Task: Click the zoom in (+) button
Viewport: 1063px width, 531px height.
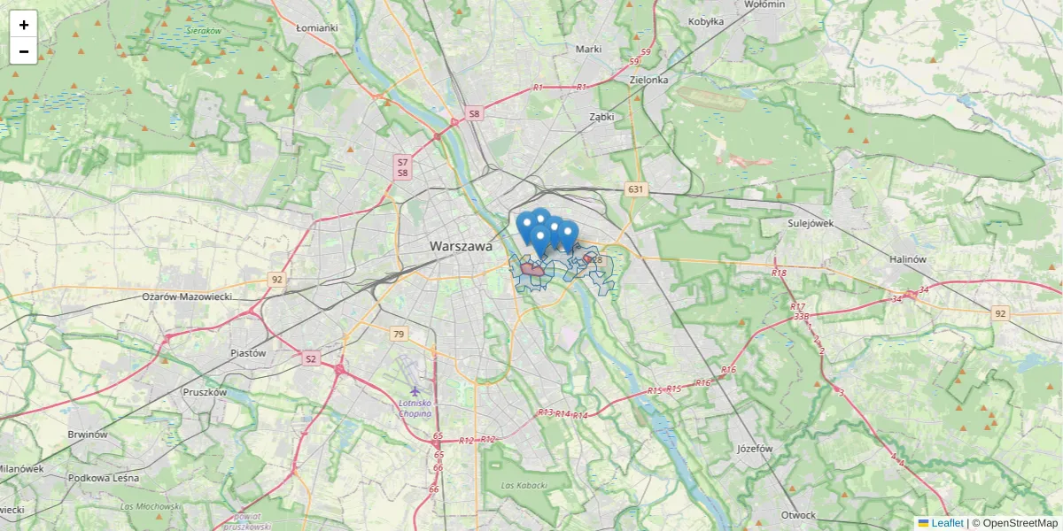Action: click(x=24, y=25)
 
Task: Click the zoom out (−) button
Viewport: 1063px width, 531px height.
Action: click(x=24, y=51)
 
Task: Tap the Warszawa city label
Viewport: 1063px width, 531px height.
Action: click(x=460, y=247)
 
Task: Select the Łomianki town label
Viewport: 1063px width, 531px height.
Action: click(x=317, y=27)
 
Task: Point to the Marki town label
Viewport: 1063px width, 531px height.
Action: click(x=588, y=50)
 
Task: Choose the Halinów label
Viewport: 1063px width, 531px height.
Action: click(x=907, y=259)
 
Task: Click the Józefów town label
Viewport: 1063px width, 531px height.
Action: click(x=755, y=449)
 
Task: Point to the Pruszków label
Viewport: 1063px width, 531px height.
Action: click(x=205, y=391)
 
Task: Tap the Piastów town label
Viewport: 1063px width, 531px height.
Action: click(x=248, y=352)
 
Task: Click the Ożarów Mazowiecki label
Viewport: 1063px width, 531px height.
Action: click(x=186, y=296)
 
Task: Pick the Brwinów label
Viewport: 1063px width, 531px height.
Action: click(x=87, y=435)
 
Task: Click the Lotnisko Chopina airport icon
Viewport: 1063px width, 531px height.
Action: click(x=416, y=390)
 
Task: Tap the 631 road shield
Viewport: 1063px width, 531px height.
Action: click(x=635, y=189)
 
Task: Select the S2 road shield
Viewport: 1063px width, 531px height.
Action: click(x=310, y=358)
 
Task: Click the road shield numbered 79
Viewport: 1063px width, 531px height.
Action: click(x=399, y=334)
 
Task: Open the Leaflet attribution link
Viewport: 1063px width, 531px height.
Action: click(x=947, y=523)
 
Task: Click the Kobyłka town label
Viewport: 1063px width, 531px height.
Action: click(x=706, y=21)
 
